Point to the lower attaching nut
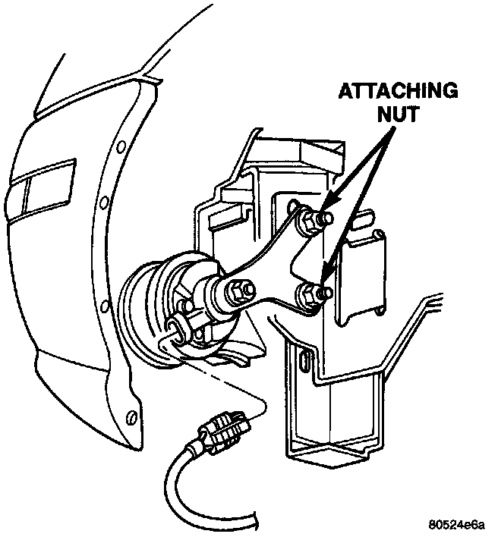[x=309, y=295]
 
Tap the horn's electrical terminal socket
[x=175, y=328]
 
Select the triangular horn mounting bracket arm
[x=273, y=265]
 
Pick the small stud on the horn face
[x=183, y=306]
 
